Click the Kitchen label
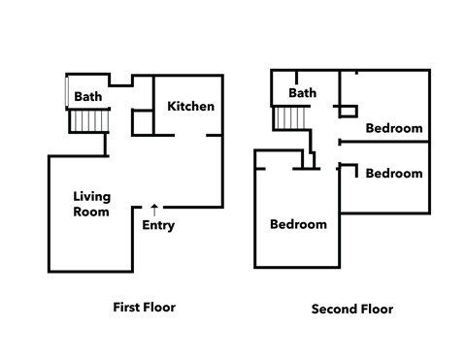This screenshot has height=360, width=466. coord(190,106)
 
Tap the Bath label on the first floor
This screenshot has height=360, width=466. coord(88,96)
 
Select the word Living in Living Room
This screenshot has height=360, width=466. coord(91,196)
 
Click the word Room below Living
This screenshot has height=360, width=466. coord(91,211)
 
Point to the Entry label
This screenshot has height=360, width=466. coord(158,226)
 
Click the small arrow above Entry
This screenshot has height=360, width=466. coord(154,208)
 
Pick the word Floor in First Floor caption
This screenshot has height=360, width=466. coord(161,308)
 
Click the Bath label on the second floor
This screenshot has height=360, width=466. coord(303,93)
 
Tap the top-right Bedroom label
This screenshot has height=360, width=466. coord(393,128)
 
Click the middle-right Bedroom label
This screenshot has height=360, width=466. coord(393,174)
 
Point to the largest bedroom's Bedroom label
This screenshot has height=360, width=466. coord(298,224)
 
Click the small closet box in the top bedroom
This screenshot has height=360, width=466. coord(346,109)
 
